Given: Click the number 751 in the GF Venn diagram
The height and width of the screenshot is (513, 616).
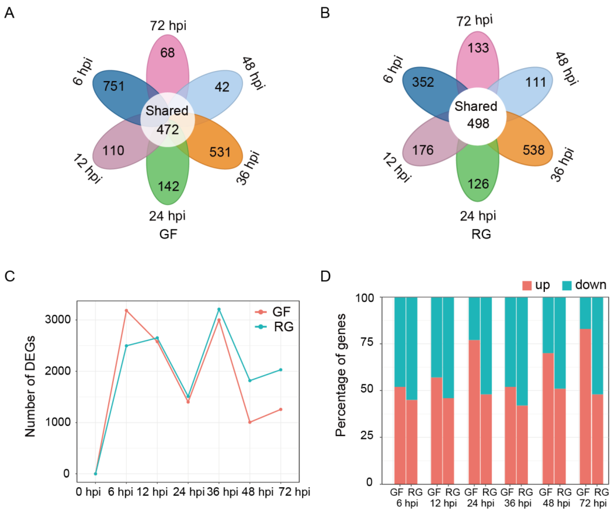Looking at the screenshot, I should click(114, 86).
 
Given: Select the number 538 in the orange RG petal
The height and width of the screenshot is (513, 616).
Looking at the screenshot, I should click(533, 150).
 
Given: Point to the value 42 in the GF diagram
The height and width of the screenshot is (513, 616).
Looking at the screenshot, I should click(222, 87).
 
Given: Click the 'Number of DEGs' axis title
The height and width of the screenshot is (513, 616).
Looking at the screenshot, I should click(30, 387).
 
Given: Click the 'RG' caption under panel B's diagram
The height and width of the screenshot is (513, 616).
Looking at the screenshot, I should click(481, 234).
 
